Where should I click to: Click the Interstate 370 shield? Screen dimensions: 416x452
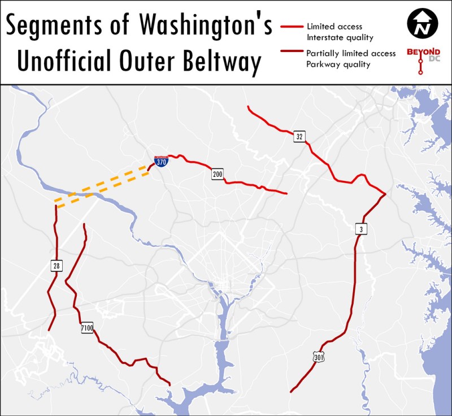click(x=161, y=161)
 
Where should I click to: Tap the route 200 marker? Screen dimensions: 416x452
click(x=218, y=174)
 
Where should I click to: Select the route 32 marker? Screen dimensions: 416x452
click(x=299, y=136)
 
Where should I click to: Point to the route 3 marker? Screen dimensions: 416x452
click(x=360, y=229)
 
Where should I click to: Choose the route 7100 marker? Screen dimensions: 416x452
click(x=86, y=327)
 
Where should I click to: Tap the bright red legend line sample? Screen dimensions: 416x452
click(x=290, y=26)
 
